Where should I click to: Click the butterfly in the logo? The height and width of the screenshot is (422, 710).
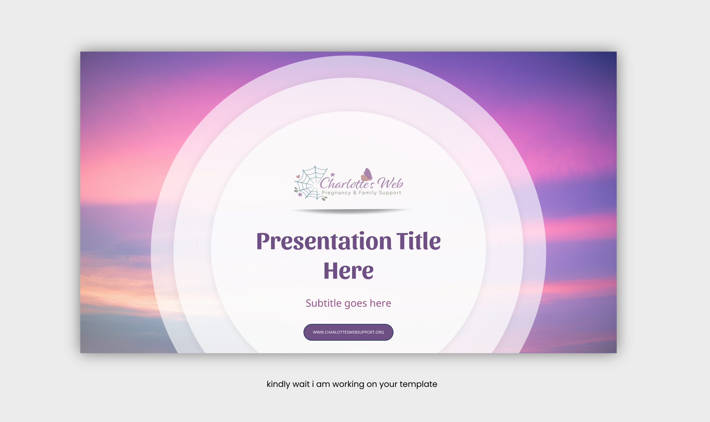coord(367,175)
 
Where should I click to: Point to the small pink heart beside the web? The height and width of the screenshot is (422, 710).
coord(298,176)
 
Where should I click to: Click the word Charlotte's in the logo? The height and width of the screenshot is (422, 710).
coord(347,184)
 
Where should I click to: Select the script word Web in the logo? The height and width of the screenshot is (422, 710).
coord(390,183)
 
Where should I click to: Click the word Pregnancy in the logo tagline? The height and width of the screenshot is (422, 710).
coord(336,193)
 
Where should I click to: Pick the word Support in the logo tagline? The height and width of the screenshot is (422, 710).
coord(390,193)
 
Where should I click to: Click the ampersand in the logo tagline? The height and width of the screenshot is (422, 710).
coord(355,193)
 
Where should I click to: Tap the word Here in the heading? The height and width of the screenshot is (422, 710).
coord(349,271)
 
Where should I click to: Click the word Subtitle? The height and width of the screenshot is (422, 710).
coord(323,303)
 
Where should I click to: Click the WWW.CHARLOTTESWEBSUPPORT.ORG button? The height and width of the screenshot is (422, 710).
coord(348,332)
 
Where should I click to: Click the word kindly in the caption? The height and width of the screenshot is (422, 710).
coord(278,384)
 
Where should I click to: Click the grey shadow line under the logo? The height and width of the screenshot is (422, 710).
coord(350,211)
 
